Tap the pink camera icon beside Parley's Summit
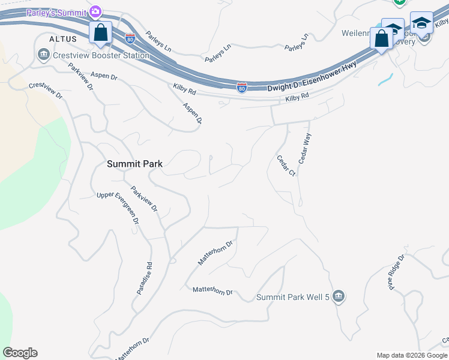click(x=95, y=11)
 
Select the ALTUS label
click(x=63, y=38)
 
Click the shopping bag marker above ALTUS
click(x=100, y=32)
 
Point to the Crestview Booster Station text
click(x=101, y=56)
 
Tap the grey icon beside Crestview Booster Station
click(x=43, y=56)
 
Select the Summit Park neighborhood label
click(x=134, y=163)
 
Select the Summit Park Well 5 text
click(x=293, y=297)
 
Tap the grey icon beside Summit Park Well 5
click(x=339, y=296)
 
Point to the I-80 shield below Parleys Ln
click(x=241, y=88)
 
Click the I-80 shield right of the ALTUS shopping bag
click(x=130, y=38)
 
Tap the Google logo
click(x=20, y=353)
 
